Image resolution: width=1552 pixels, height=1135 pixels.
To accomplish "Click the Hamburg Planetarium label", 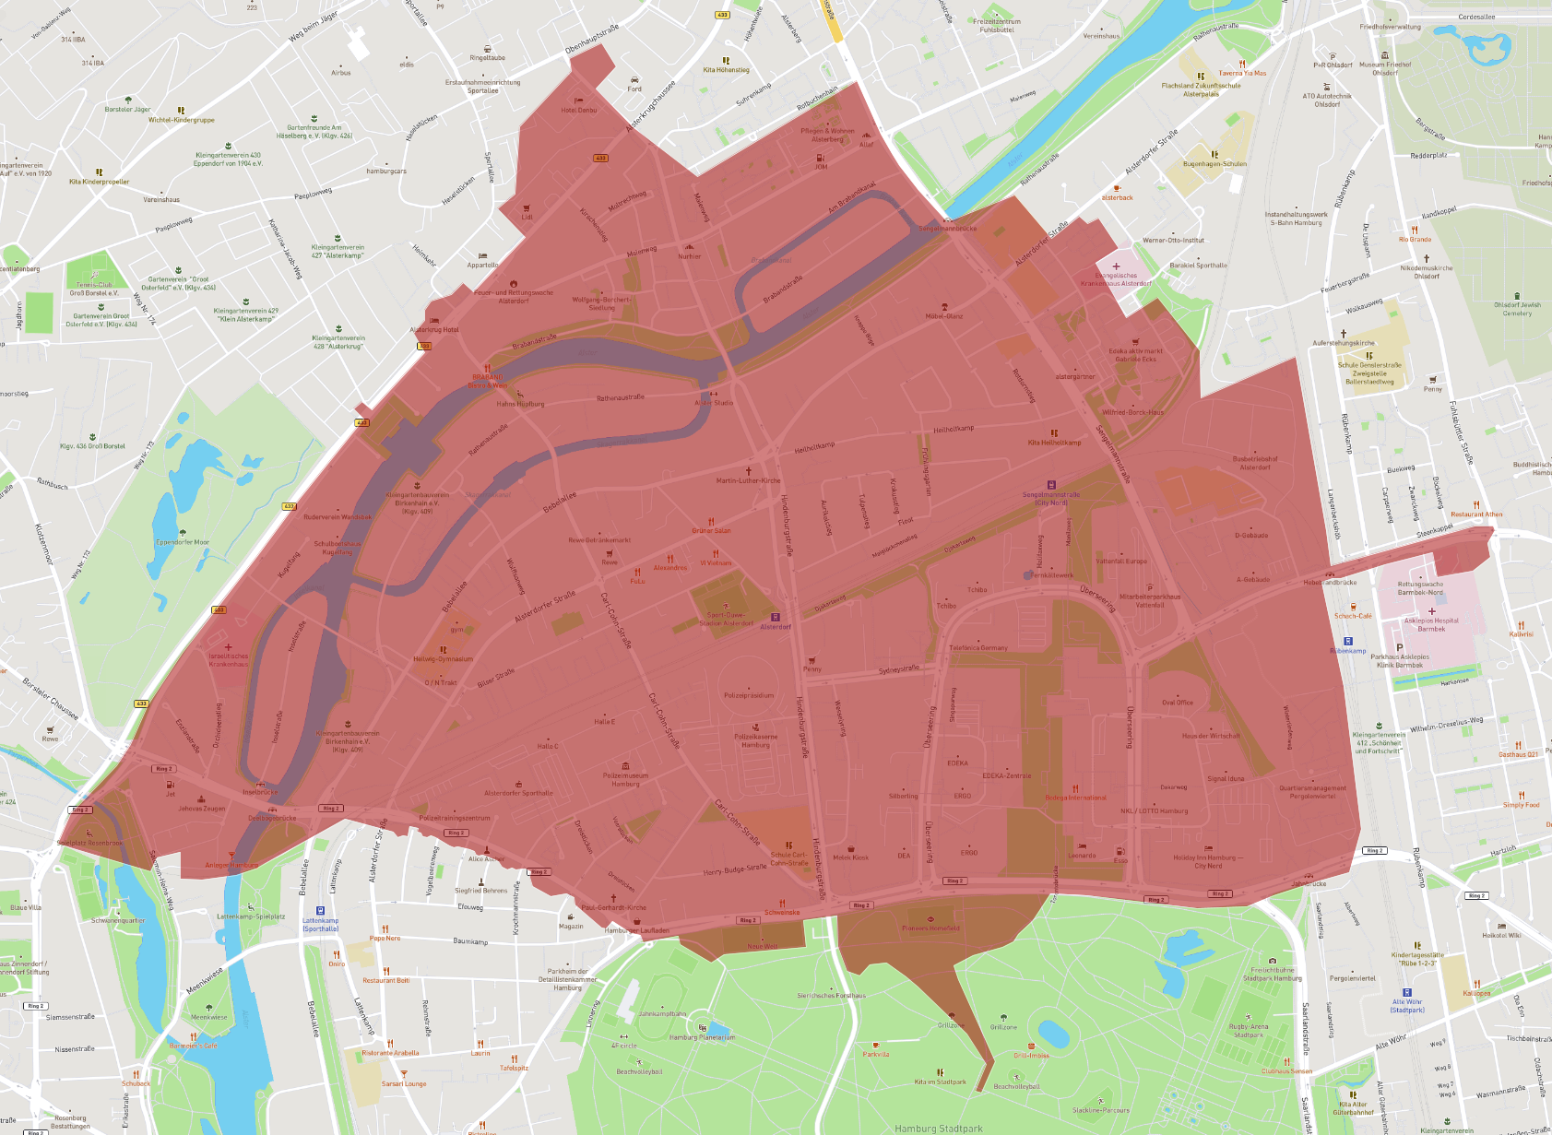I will (702, 1036).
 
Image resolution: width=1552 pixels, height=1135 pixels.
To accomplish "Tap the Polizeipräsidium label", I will (749, 695).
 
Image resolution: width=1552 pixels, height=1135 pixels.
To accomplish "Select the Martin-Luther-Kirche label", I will (748, 480).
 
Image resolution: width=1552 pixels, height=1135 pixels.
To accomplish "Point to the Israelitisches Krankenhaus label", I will (229, 660).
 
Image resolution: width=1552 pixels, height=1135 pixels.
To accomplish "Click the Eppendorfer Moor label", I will (183, 542).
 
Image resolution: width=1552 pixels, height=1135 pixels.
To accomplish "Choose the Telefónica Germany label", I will (978, 647).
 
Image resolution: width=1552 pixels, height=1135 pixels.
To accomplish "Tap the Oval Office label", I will (1177, 703).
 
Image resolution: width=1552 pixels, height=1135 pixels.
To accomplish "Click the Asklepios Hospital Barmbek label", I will (1431, 624).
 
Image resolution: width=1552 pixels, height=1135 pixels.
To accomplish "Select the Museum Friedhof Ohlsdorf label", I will (1385, 68).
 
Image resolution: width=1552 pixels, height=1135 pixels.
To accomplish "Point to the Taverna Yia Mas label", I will (1242, 73).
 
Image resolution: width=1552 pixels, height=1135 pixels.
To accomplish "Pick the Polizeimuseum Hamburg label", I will (625, 779).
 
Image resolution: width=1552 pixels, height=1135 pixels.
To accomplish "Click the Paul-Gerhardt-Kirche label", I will (613, 907).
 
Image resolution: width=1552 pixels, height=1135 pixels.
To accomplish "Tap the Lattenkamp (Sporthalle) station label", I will (320, 924).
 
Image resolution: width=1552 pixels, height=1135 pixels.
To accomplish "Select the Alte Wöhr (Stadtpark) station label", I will (1407, 1005).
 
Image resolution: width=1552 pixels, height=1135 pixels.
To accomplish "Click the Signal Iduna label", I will (1226, 778).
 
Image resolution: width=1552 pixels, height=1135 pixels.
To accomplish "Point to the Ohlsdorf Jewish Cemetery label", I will (1517, 309).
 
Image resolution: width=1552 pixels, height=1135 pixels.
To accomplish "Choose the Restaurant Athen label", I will (1475, 514).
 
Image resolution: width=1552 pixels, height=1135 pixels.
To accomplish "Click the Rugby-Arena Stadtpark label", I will (1249, 1030).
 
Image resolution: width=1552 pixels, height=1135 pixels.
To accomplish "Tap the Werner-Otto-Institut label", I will (1173, 240).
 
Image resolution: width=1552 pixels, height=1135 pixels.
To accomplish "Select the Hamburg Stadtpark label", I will (939, 1128).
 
